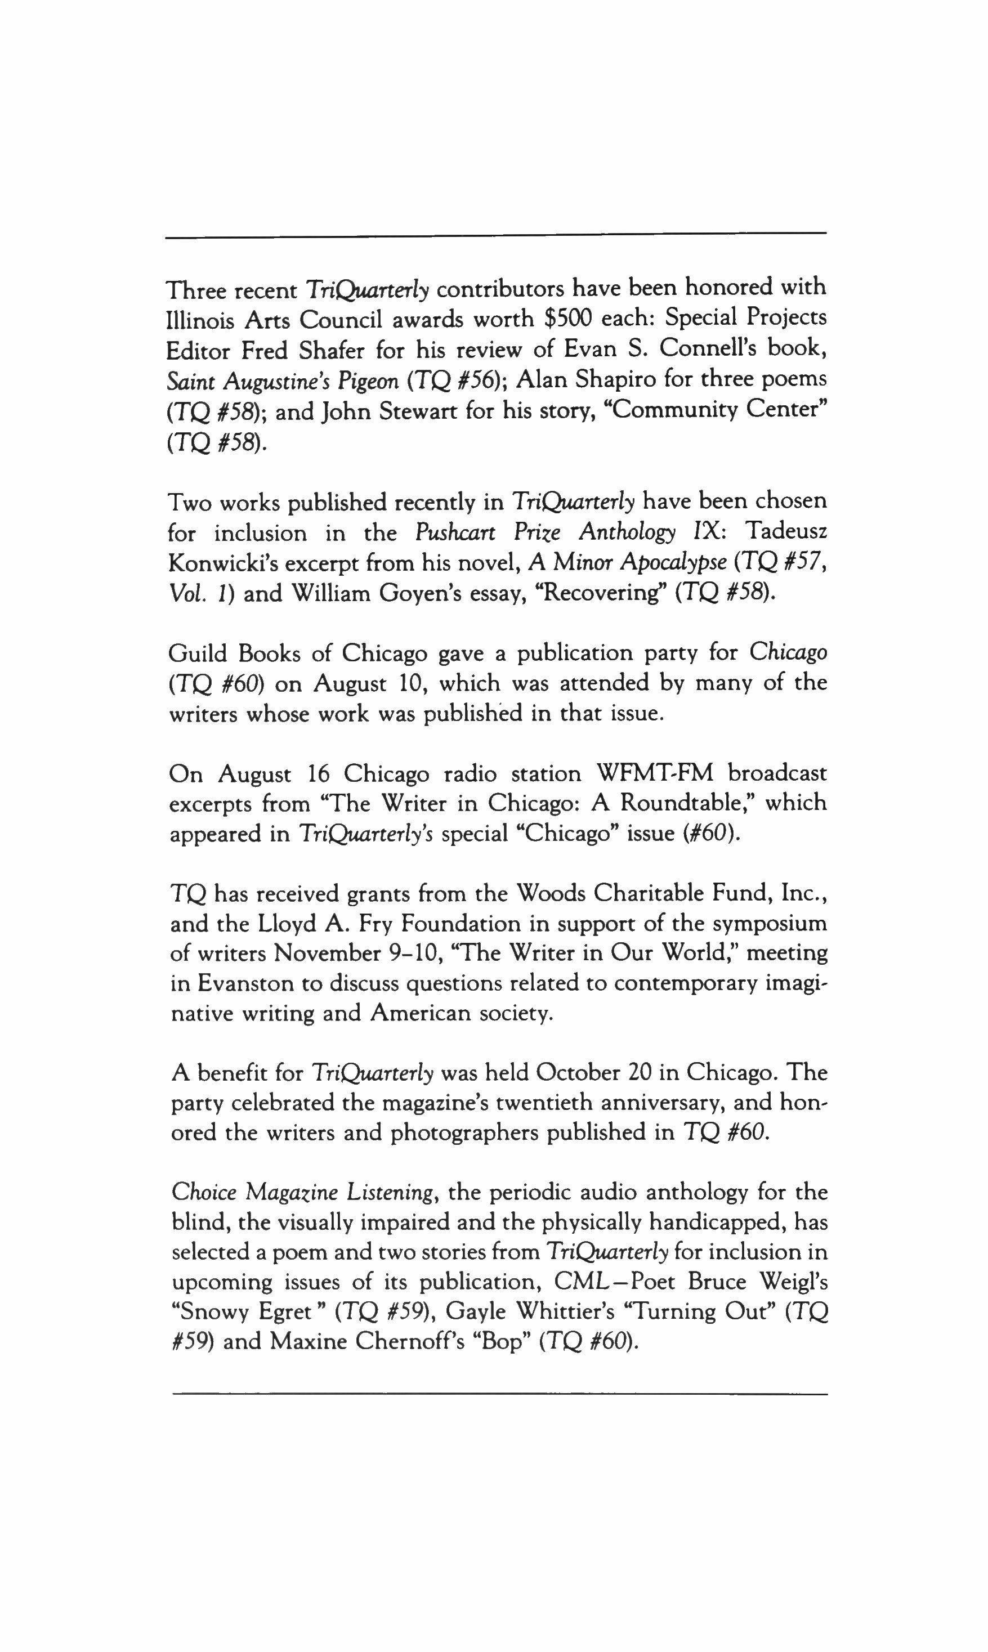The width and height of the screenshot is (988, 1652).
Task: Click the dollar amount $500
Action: tap(568, 320)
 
